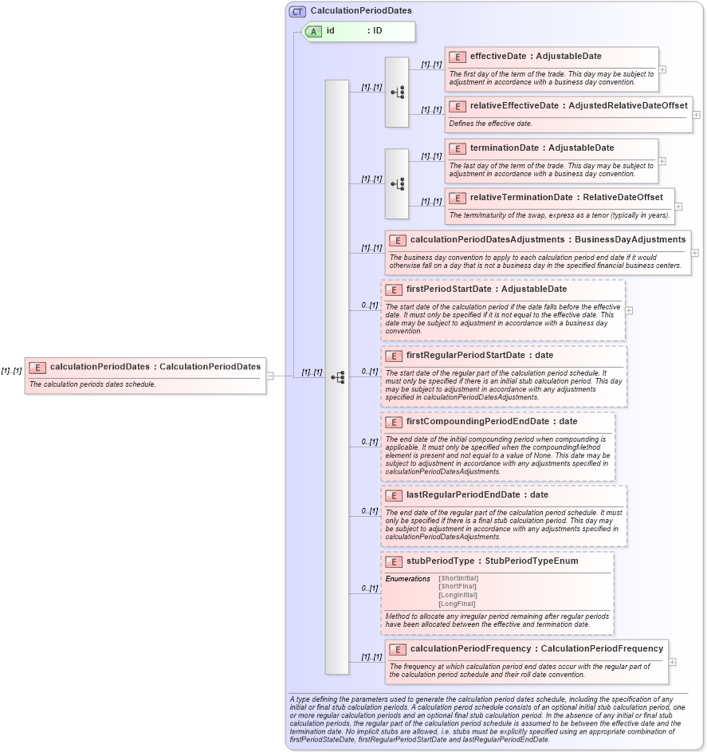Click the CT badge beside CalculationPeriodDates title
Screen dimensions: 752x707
297,11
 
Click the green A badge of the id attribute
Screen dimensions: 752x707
314,31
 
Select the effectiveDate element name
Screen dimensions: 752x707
501,57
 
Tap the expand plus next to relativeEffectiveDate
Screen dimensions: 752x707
697,114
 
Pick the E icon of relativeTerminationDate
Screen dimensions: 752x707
458,198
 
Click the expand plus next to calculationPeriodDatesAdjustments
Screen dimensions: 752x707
695,253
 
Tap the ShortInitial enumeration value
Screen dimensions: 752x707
458,578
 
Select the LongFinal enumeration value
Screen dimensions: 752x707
457,604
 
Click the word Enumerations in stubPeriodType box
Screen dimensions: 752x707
407,578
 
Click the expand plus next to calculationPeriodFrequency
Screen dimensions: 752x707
673,662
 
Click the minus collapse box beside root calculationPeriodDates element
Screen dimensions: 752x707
270,376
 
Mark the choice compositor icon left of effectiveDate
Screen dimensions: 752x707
397,93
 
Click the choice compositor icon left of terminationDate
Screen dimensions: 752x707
397,183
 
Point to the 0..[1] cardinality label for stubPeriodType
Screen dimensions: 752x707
368,588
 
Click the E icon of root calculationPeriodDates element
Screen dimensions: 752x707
37,367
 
